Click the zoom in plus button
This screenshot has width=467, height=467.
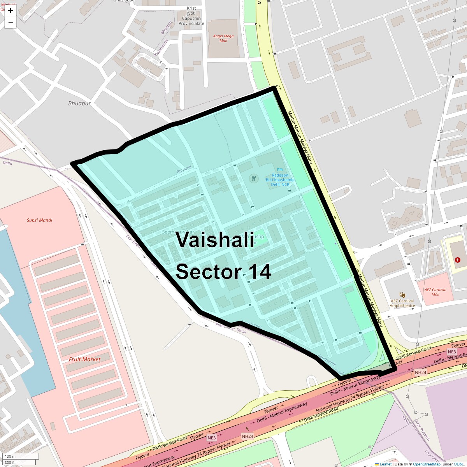[11, 11]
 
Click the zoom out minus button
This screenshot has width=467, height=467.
[11, 22]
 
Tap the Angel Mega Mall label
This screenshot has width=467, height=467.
[223, 38]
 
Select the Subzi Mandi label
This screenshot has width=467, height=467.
[39, 220]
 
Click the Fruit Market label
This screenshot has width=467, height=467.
[84, 359]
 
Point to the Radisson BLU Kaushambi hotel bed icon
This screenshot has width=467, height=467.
[280, 170]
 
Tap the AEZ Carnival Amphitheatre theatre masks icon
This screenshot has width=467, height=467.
[402, 295]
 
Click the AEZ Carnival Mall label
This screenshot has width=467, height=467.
[435, 292]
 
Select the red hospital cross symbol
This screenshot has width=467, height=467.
[458, 260]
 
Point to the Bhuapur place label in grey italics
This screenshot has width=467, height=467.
[79, 104]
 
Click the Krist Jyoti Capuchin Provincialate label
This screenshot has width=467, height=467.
[191, 16]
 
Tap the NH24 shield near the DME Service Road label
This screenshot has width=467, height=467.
[420, 372]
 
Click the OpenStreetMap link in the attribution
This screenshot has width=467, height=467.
[427, 464]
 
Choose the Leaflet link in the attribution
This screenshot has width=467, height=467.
[385, 464]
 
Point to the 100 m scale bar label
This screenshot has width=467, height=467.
[11, 456]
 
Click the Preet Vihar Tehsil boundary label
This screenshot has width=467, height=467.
[231, 328]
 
